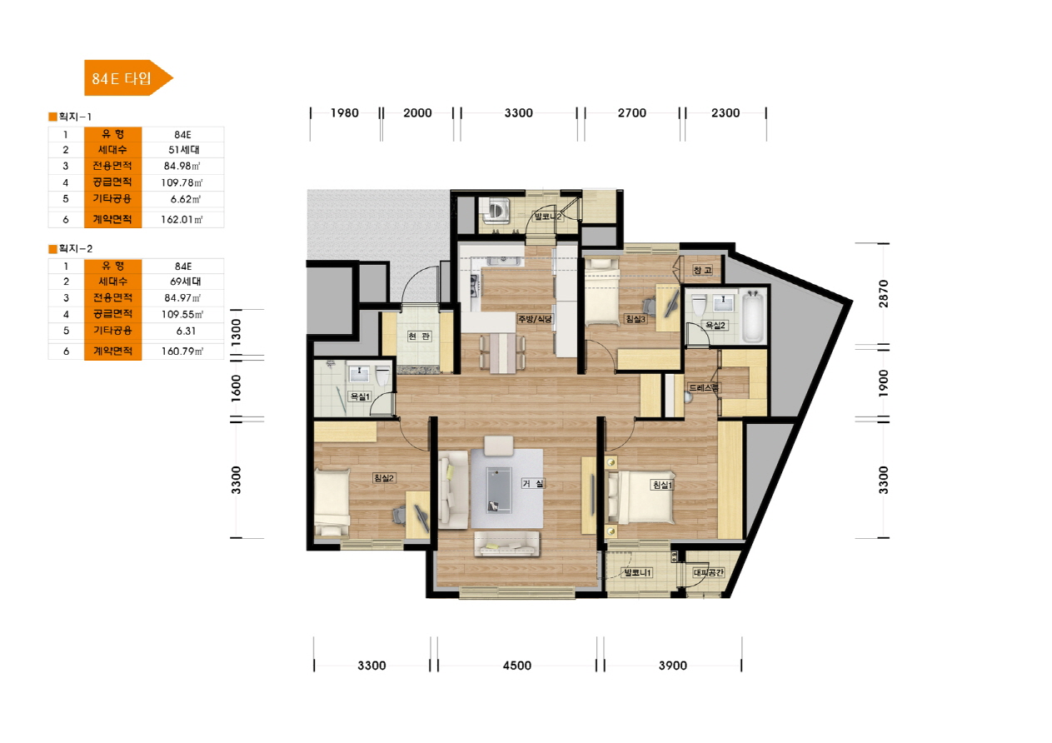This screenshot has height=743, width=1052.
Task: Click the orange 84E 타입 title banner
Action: point(127,78)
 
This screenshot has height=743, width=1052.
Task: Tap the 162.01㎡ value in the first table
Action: point(182,219)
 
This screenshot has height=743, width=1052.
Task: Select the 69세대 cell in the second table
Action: point(185,282)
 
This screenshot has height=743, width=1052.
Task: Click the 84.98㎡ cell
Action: point(182,166)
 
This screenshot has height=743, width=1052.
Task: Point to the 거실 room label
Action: point(533,483)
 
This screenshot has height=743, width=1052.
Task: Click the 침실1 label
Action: point(662,485)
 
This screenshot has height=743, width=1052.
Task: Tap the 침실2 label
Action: point(384,477)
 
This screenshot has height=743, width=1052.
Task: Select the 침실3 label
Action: point(635,319)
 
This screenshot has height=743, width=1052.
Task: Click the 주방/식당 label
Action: point(535,319)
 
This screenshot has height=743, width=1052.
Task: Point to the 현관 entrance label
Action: point(419,336)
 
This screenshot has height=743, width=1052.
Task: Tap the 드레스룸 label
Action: point(703,387)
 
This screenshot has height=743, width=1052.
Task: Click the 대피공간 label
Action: point(709,572)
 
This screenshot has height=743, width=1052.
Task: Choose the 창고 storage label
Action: point(703,270)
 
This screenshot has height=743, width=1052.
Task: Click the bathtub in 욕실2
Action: point(753,316)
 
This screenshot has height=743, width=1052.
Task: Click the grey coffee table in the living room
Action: point(499,490)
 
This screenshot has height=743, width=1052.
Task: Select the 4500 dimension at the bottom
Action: point(517,666)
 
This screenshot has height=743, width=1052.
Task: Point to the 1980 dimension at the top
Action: point(344,112)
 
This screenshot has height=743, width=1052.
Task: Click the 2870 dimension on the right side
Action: point(884,293)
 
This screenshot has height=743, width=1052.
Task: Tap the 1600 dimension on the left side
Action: point(237,388)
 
